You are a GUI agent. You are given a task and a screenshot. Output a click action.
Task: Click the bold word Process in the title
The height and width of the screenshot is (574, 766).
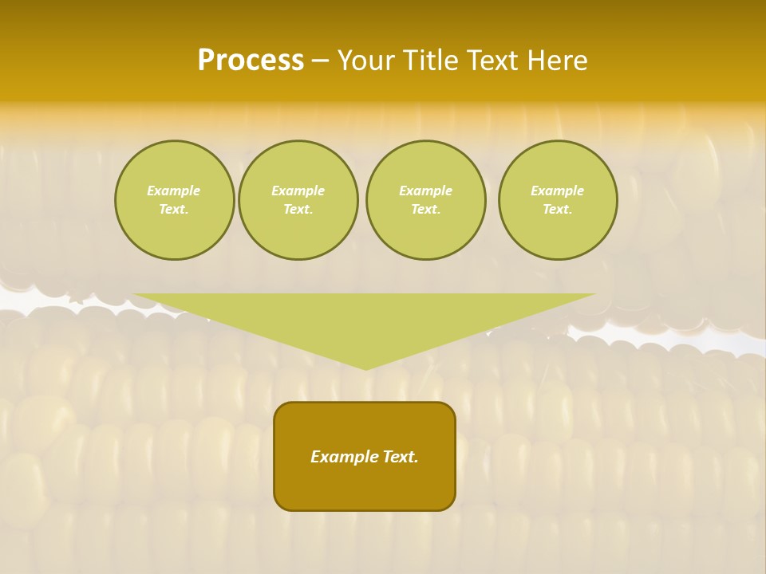pyautogui.click(x=251, y=61)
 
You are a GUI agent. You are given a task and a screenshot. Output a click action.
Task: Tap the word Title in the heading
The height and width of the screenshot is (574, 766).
pyautogui.click(x=430, y=61)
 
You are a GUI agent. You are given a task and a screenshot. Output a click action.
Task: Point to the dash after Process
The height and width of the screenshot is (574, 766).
pyautogui.click(x=321, y=61)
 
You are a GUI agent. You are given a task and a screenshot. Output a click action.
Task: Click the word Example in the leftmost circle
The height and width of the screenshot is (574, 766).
pyautogui.click(x=174, y=191)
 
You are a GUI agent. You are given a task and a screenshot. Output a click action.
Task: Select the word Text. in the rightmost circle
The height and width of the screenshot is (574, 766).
pyautogui.click(x=558, y=209)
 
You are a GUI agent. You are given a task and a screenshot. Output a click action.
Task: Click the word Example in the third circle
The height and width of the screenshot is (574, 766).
pyautogui.click(x=426, y=191)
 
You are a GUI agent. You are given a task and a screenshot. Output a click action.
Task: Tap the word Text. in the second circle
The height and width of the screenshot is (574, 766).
pyautogui.click(x=298, y=209)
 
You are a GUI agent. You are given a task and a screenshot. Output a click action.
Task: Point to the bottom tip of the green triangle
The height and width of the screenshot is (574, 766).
pyautogui.click(x=365, y=368)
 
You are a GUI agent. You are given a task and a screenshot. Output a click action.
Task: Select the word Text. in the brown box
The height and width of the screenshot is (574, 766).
pyautogui.click(x=401, y=457)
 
